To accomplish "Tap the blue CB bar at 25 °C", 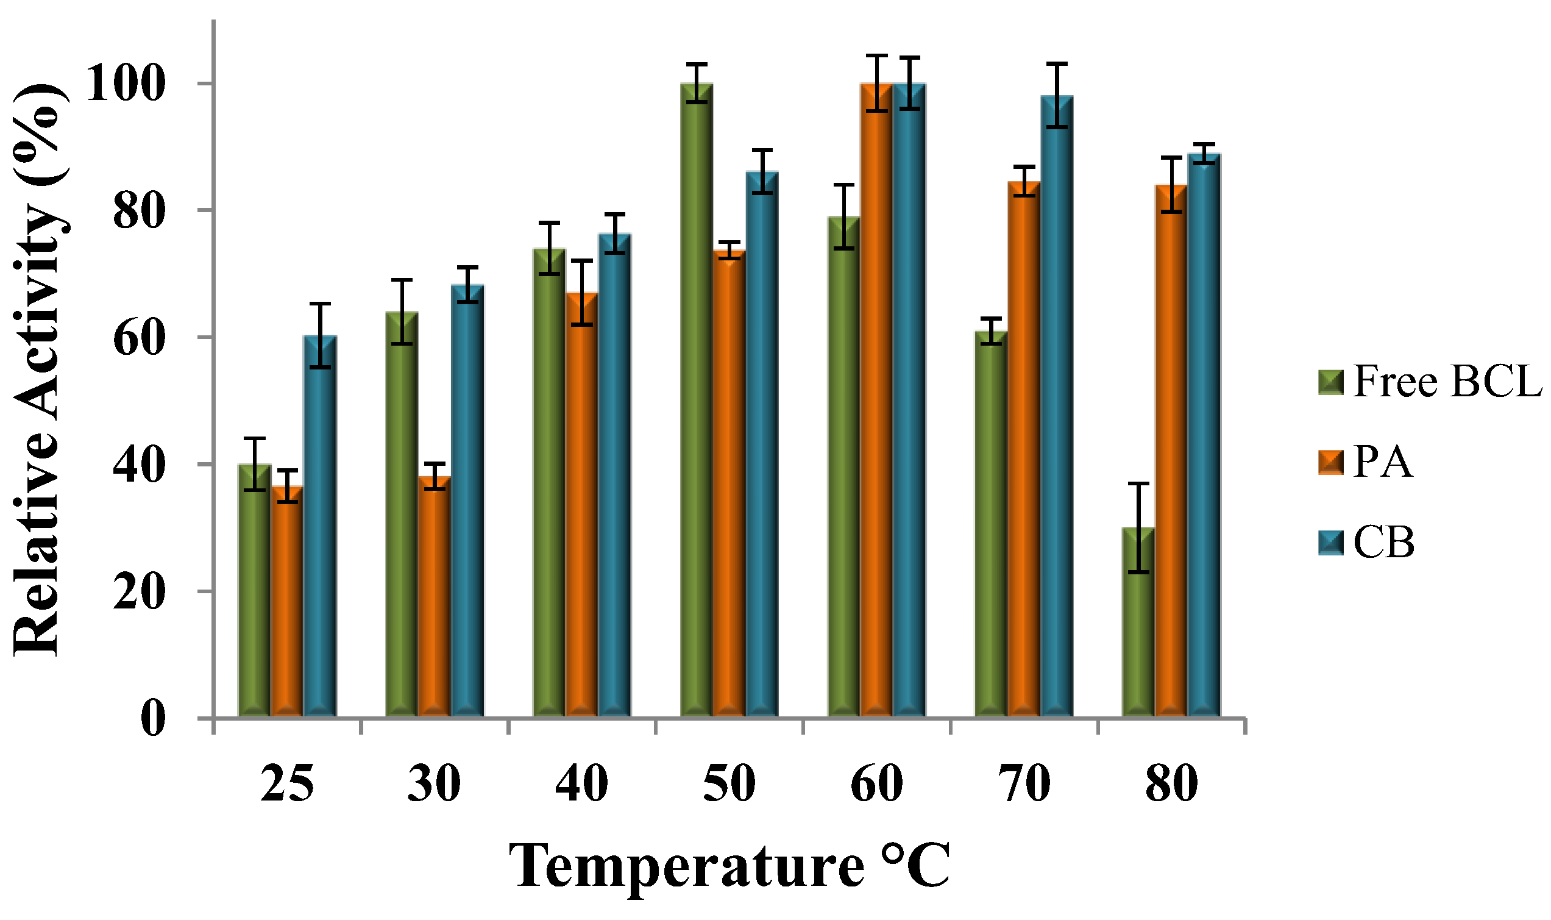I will (320, 527).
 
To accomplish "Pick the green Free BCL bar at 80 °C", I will (1138, 623).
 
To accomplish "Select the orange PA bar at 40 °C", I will (581, 505).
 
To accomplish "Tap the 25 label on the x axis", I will (287, 784).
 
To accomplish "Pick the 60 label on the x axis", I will (876, 784).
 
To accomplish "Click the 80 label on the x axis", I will (1171, 784).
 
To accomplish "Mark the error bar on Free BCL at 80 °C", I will (1138, 527).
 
